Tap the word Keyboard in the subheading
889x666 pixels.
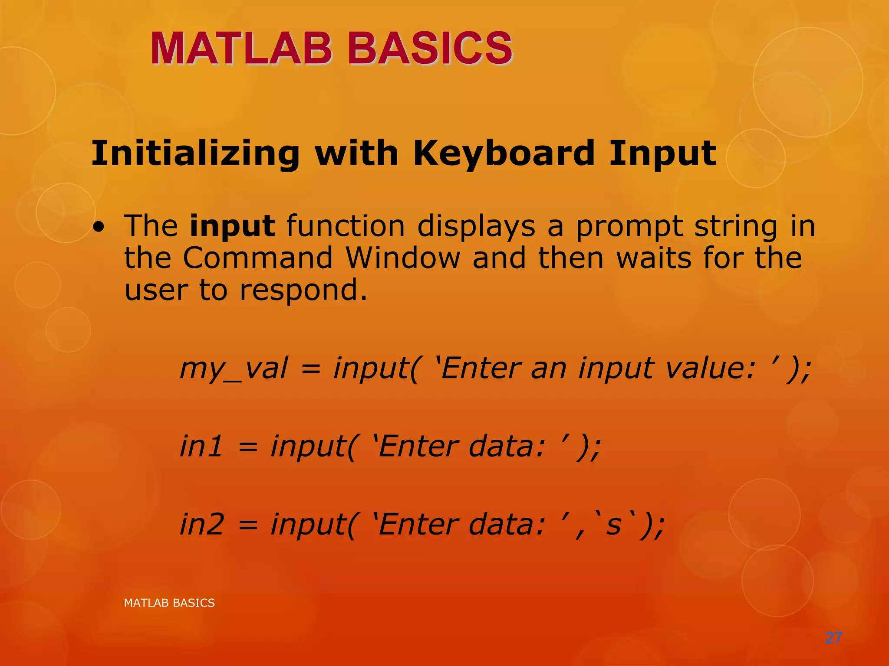point(504,153)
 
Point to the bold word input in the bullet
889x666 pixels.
point(232,226)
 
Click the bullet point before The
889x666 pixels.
point(99,228)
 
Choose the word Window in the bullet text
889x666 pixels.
point(403,258)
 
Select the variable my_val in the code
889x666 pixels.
point(234,369)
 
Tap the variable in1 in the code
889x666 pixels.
point(201,446)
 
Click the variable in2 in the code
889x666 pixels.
point(202,524)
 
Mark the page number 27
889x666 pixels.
point(833,638)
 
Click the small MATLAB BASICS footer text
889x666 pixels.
point(169,603)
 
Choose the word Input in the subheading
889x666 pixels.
point(662,154)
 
